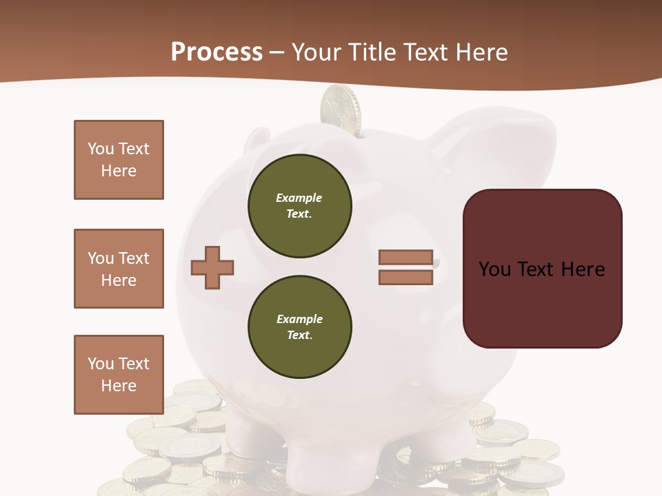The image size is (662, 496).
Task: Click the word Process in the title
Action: click(217, 52)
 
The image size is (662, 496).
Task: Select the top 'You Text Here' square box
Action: click(119, 160)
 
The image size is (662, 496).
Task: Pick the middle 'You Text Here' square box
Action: click(119, 269)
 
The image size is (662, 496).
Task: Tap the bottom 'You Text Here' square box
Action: click(119, 374)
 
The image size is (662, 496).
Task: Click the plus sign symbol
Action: click(212, 267)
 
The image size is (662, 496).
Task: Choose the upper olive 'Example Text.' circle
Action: click(299, 206)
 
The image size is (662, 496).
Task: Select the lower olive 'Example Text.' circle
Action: click(299, 327)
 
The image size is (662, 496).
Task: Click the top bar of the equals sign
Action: click(405, 258)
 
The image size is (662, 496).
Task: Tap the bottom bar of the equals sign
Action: click(405, 277)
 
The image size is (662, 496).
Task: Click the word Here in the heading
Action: click(481, 52)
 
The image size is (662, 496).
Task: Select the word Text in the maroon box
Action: click(540, 269)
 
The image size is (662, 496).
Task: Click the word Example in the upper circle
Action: click(299, 198)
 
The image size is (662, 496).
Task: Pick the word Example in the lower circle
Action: click(299, 319)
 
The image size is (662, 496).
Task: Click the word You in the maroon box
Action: click(494, 269)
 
